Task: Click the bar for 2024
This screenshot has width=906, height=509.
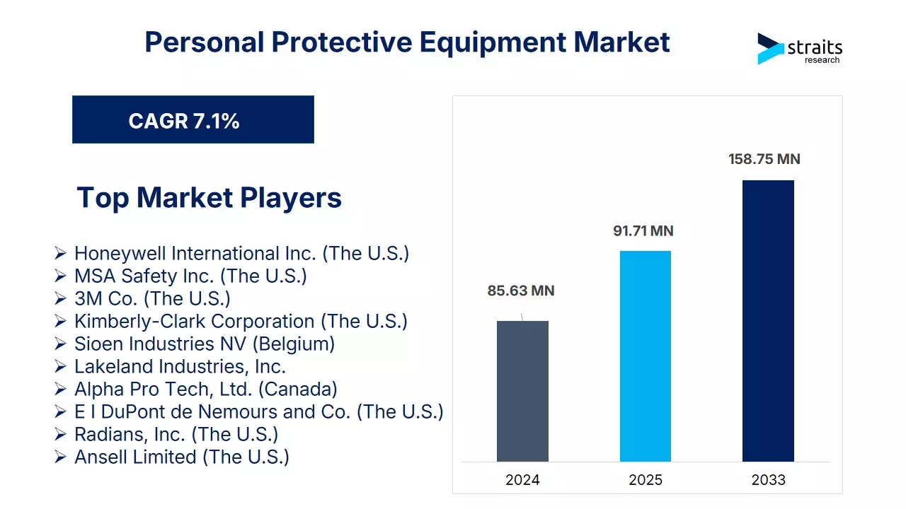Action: pyautogui.click(x=522, y=391)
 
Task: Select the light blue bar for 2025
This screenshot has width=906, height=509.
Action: pyautogui.click(x=645, y=356)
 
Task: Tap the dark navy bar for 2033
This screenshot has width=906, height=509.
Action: pyautogui.click(x=768, y=321)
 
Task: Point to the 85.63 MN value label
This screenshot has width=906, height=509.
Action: pyautogui.click(x=520, y=291)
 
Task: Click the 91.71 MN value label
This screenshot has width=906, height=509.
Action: pyautogui.click(x=643, y=231)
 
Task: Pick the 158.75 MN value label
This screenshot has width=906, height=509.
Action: pyautogui.click(x=764, y=159)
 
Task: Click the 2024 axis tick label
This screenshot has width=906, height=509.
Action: pyautogui.click(x=522, y=480)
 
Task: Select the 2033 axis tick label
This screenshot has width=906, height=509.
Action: pyautogui.click(x=768, y=480)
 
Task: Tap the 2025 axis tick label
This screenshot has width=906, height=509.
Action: pyautogui.click(x=645, y=480)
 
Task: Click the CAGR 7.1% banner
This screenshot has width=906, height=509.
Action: pyautogui.click(x=193, y=120)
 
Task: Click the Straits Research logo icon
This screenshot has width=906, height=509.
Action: pyautogui.click(x=770, y=48)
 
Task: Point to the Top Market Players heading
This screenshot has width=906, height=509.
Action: pyautogui.click(x=209, y=197)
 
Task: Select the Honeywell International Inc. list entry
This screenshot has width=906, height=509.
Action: pyautogui.click(x=241, y=253)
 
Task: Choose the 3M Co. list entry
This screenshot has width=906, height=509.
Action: pyautogui.click(x=152, y=298)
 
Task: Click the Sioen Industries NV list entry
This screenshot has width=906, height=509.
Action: pyautogui.click(x=204, y=344)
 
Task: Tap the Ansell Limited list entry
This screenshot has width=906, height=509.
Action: pyautogui.click(x=181, y=457)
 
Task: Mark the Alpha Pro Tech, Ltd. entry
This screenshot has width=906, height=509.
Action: pyautogui.click(x=205, y=389)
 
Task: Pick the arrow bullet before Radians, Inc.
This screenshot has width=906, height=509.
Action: pyautogui.click(x=61, y=434)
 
